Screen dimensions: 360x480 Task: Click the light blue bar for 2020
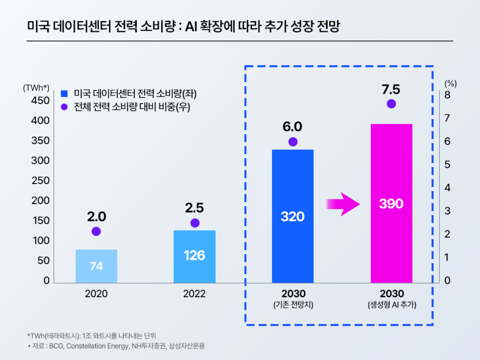pos(96,266)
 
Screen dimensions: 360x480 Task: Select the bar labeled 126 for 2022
pos(195,256)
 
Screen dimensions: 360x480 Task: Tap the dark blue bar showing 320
pos(292,216)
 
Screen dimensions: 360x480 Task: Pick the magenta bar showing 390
pos(391,203)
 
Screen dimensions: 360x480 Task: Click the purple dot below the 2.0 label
pos(96,231)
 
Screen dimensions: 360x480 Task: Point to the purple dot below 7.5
pos(391,104)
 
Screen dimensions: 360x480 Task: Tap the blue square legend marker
pos(65,93)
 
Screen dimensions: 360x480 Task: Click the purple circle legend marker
pos(65,106)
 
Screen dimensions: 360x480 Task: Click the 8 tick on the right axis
pos(447,95)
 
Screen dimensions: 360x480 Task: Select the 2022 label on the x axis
pos(195,294)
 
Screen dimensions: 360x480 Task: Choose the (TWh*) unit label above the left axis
pos(36,88)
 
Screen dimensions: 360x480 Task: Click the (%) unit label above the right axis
pos(450,84)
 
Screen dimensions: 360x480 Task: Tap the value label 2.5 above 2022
pos(195,208)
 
